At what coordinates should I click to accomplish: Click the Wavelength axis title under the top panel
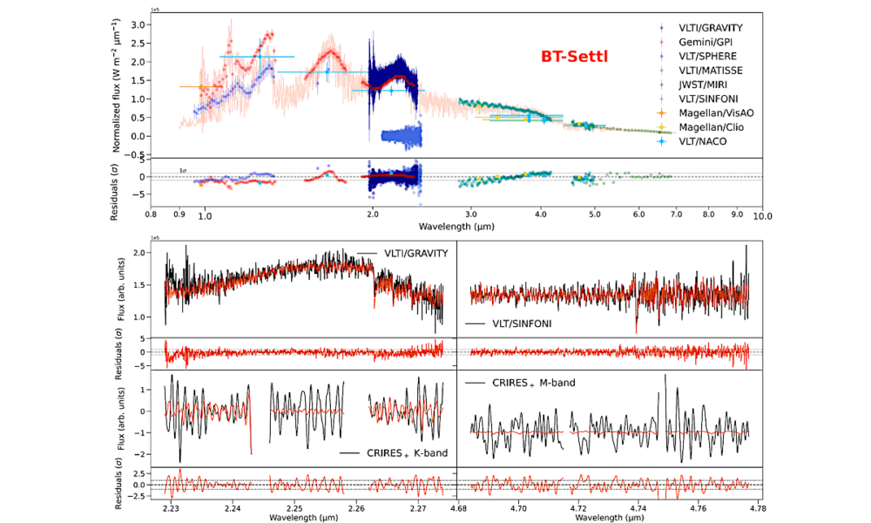(x=456, y=225)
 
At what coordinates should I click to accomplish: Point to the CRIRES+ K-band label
(x=392, y=453)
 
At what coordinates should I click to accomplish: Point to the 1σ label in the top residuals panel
(x=184, y=170)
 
